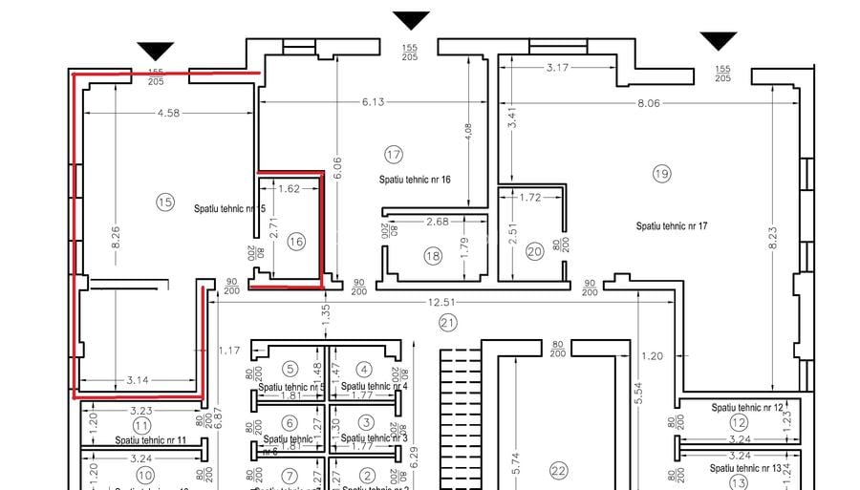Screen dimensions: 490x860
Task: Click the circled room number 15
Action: click(x=165, y=202)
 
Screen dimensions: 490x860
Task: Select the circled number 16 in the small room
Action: click(x=295, y=243)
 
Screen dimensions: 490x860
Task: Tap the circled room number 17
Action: click(x=394, y=155)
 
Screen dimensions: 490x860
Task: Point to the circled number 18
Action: click(x=433, y=255)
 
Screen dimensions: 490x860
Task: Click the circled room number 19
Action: click(x=661, y=173)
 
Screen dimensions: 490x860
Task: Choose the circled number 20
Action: click(x=534, y=251)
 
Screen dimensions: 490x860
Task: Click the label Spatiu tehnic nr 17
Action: click(x=672, y=226)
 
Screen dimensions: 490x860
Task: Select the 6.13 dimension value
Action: click(x=373, y=102)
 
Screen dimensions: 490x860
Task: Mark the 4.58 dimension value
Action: click(x=169, y=114)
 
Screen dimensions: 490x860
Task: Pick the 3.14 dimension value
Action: click(x=139, y=380)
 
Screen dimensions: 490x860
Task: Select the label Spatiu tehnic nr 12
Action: click(x=747, y=408)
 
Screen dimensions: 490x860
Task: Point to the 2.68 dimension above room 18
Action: click(x=437, y=223)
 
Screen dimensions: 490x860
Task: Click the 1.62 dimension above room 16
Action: click(x=289, y=189)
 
